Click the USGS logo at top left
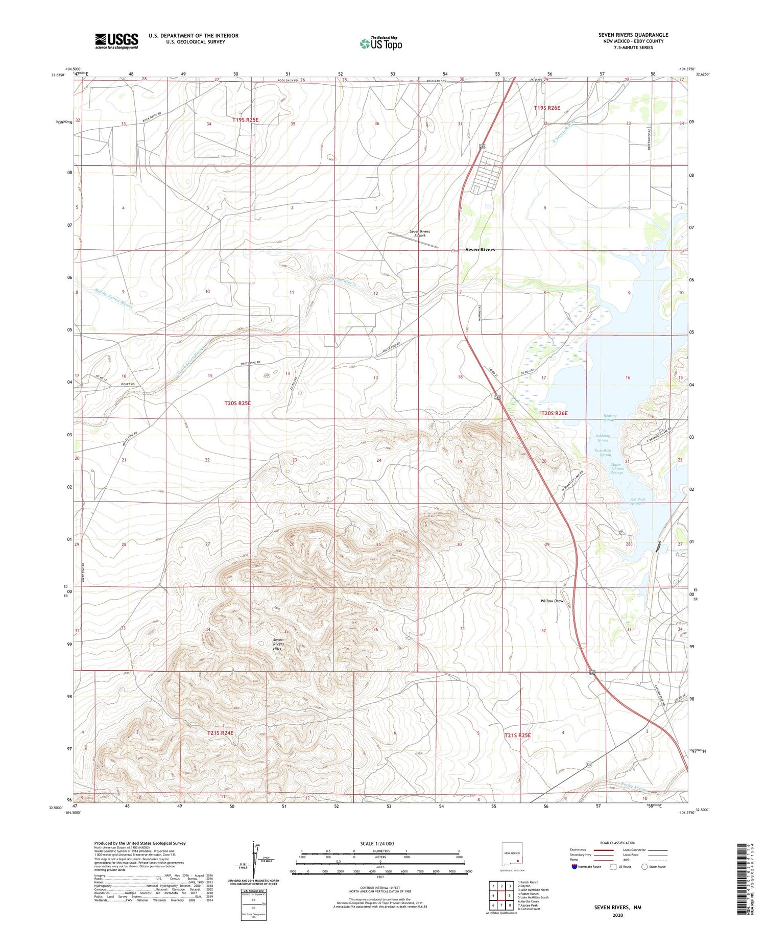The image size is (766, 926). [116, 41]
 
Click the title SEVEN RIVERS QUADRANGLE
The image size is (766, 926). [633, 35]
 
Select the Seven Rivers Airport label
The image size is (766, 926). [420, 233]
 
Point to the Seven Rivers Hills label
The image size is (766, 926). [278, 644]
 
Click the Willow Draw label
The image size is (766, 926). [552, 601]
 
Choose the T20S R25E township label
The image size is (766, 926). [237, 403]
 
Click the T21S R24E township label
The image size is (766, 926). [220, 733]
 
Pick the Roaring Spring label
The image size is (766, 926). [610, 418]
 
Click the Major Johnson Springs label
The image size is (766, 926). [617, 468]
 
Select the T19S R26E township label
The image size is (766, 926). [547, 108]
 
